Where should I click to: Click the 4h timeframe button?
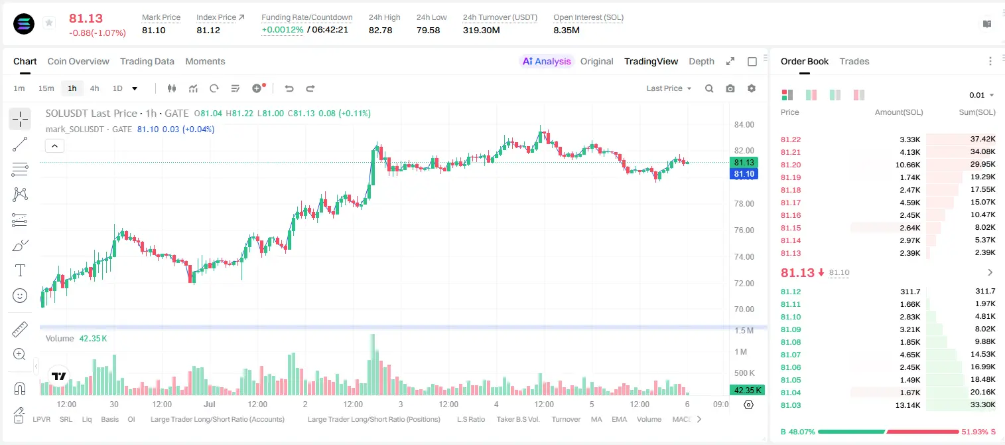point(94,88)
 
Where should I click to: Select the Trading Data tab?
point(147,62)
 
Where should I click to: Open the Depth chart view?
point(701,62)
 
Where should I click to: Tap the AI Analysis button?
point(547,62)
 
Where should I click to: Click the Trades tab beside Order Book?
point(854,62)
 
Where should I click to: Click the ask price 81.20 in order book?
point(791,165)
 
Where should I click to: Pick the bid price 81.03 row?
point(791,405)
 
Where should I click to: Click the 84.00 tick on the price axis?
point(744,125)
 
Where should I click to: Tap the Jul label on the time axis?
point(209,404)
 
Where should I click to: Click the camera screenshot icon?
point(730,88)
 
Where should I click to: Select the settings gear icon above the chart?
point(752,88)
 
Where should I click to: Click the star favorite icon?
point(49,23)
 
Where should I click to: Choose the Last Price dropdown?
point(669,88)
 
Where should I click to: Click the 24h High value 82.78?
point(381,30)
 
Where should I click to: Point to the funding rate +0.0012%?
point(282,30)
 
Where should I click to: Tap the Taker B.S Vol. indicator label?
point(517,419)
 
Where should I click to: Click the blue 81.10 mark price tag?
point(744,174)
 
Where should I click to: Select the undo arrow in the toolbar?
point(289,88)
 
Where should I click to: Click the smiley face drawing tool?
point(20,296)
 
